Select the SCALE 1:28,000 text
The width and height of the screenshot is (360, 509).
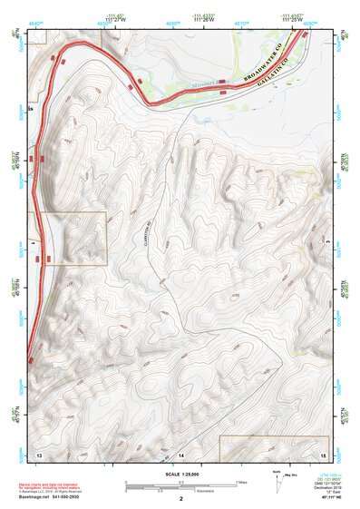point(180,474)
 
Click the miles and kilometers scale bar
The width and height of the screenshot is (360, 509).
point(180,485)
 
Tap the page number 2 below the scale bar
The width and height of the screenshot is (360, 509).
point(180,498)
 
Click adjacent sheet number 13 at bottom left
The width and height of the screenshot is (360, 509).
point(38,452)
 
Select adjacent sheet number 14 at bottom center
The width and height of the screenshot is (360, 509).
point(180,452)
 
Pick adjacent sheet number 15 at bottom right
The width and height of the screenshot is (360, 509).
point(322,452)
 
